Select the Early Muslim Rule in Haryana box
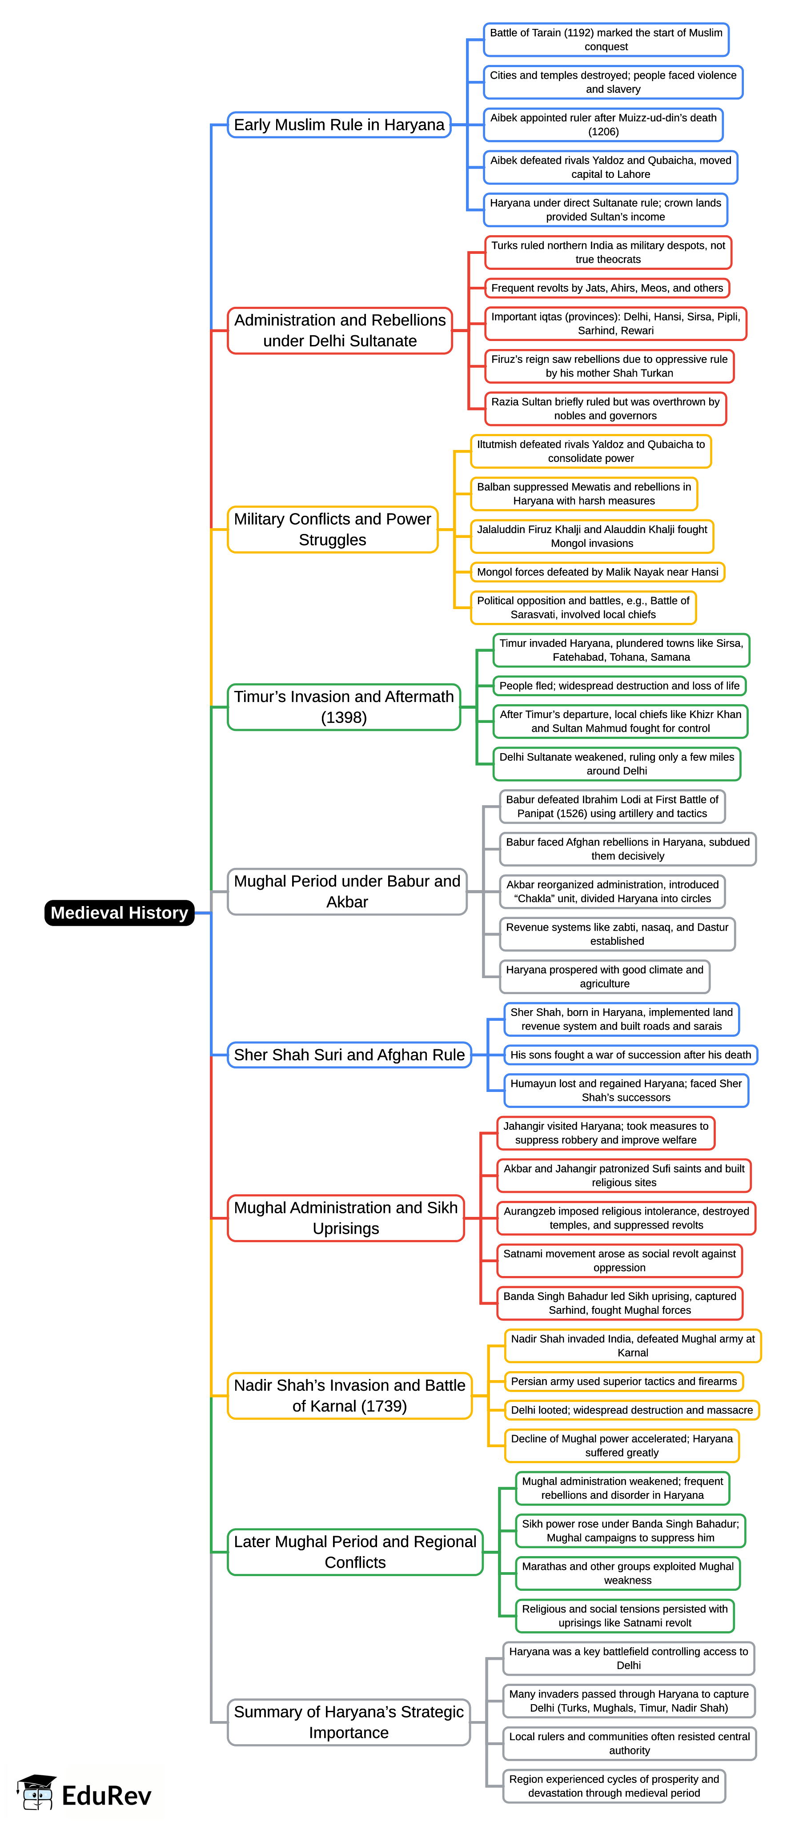tap(339, 125)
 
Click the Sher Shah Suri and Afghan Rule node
tap(349, 1055)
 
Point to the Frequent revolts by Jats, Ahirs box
tap(607, 288)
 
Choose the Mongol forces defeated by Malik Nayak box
tap(597, 572)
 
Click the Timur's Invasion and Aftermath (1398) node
tap(344, 707)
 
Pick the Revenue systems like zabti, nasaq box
tap(617, 934)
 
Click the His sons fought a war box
tap(630, 1055)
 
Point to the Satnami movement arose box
tap(619, 1260)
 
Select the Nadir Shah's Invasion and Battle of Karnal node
tap(349, 1395)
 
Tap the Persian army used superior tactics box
tap(623, 1381)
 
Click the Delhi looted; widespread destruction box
tap(631, 1410)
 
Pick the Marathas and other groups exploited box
tap(627, 1573)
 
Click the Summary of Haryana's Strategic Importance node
tap(348, 1722)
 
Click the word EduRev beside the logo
tap(106, 1795)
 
